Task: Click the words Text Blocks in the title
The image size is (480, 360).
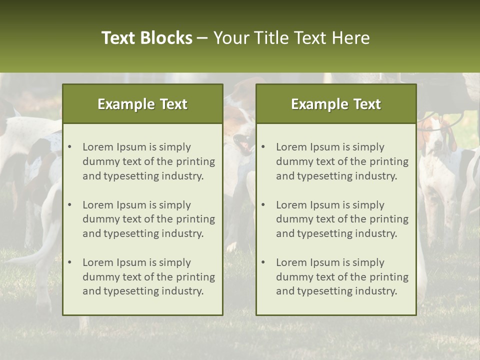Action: [x=146, y=38]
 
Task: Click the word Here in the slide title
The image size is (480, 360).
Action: [x=351, y=38]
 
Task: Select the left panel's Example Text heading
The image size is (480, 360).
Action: [x=142, y=104]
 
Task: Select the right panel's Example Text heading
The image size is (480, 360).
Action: [x=336, y=104]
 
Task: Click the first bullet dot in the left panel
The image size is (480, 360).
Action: [x=69, y=147]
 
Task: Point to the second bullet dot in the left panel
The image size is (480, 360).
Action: [x=69, y=205]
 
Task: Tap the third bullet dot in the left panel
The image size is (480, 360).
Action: [x=69, y=262]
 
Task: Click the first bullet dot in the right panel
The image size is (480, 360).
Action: [x=263, y=147]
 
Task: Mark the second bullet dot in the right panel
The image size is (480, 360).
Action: [x=263, y=205]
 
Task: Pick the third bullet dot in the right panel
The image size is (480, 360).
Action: [x=263, y=262]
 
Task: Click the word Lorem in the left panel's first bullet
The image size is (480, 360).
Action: [x=97, y=147]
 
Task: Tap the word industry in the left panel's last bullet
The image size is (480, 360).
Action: [x=182, y=291]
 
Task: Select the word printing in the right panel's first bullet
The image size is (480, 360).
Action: [x=390, y=161]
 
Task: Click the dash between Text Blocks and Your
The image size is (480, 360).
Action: [x=203, y=38]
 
